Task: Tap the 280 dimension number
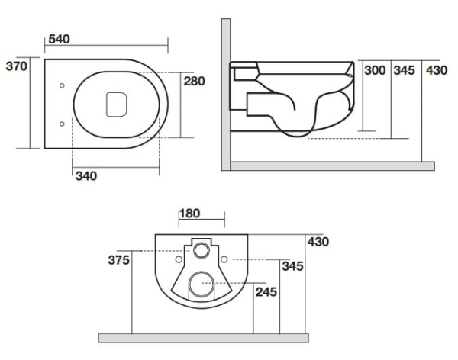[195, 81]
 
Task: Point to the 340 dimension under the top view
[86, 176]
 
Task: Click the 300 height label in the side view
[375, 70]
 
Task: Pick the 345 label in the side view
[404, 70]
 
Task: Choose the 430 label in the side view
[436, 70]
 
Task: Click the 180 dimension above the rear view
[191, 213]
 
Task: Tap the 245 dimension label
[266, 291]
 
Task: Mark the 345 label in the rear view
[292, 266]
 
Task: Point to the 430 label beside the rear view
[318, 242]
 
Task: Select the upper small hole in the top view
[61, 85]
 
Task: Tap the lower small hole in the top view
[61, 122]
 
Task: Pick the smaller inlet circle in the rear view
[202, 249]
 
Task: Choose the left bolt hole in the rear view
[179, 259]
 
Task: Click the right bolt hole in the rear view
[224, 259]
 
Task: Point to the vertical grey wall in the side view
[226, 92]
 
